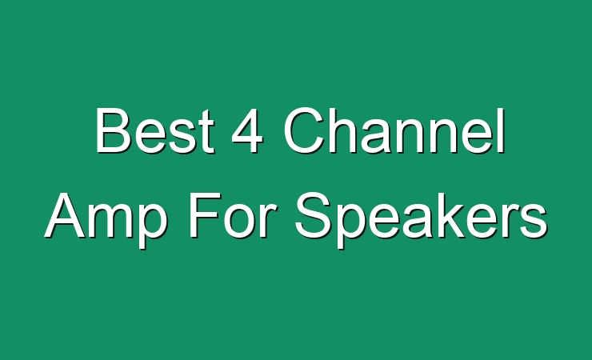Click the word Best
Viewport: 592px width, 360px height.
tap(155, 130)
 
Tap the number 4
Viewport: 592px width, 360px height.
tap(246, 130)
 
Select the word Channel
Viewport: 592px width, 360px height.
tap(394, 130)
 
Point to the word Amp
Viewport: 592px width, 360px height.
tap(106, 220)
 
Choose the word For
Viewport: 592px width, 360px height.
tap(230, 215)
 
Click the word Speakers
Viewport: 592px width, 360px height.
tap(421, 220)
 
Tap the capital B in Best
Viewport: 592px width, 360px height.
tap(113, 130)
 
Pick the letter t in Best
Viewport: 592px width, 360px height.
tap(207, 131)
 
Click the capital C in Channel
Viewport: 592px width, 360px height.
tap(303, 130)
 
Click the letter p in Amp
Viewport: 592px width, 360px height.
tap(152, 226)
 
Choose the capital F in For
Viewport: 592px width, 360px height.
tap(204, 215)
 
